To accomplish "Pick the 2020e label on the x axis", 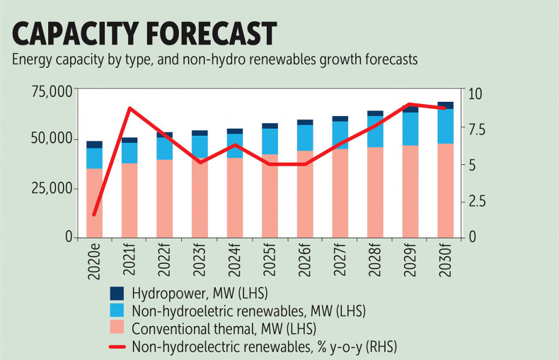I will [x=95, y=262].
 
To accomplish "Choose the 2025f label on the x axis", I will [x=270, y=262].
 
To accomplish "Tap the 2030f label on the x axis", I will [x=446, y=262].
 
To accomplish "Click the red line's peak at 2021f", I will [x=129, y=108].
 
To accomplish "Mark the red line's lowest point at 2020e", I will [x=94, y=214].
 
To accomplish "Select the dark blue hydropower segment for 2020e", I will [x=95, y=144].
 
